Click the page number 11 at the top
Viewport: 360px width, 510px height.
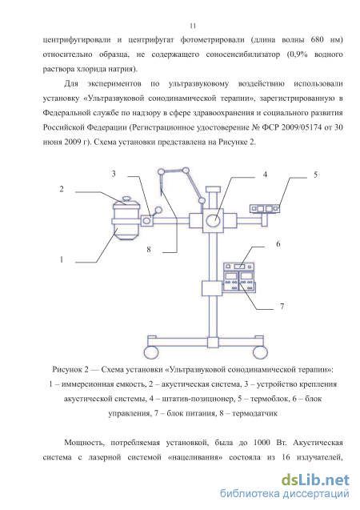point(193,26)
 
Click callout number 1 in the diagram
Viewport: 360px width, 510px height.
point(62,259)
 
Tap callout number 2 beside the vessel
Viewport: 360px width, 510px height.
point(62,189)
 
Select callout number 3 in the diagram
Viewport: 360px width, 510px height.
point(114,174)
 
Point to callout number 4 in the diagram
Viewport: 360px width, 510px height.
point(265,175)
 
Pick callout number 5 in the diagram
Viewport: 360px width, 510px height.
point(315,175)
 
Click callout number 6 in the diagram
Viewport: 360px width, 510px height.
point(278,244)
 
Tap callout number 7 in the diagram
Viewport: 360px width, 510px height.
point(282,307)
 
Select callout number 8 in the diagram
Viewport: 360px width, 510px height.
point(149,250)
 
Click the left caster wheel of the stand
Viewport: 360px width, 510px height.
point(151,352)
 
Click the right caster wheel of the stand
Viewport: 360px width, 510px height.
point(260,352)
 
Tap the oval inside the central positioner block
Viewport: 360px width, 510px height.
point(213,220)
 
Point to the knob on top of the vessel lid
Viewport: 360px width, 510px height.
point(126,198)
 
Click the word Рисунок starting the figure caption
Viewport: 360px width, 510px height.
point(67,370)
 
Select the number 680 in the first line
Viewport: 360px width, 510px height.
point(317,40)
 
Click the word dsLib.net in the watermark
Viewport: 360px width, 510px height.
point(315,480)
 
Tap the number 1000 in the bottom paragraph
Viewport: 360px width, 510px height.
point(262,443)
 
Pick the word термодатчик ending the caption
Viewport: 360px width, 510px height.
point(254,414)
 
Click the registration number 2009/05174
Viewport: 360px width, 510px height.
point(302,127)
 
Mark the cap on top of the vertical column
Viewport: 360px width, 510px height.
point(213,189)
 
